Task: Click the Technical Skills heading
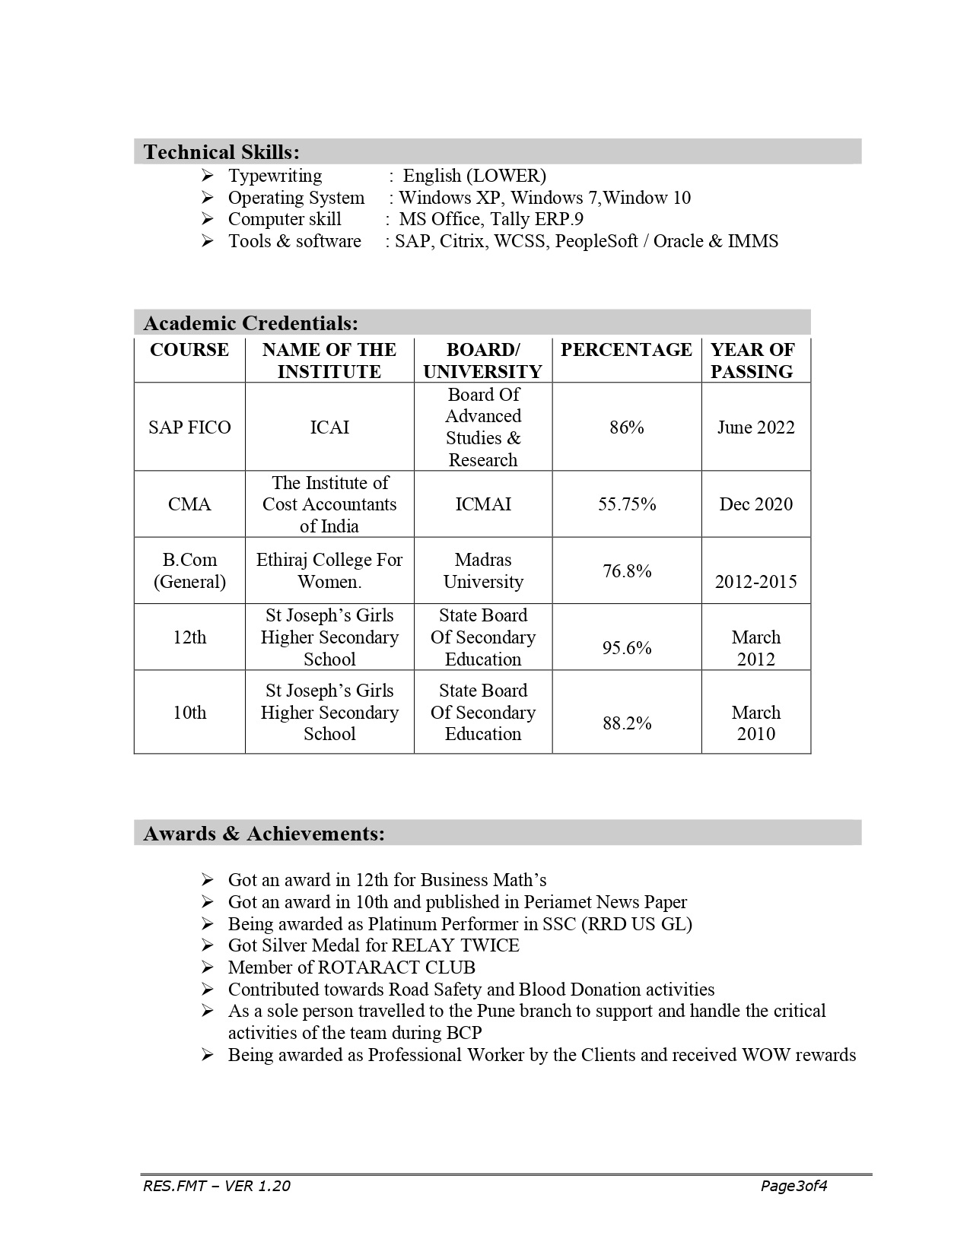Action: pos(221,152)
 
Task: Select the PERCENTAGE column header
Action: pos(626,350)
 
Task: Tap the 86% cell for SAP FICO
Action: pos(626,427)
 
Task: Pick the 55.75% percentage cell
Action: pos(626,504)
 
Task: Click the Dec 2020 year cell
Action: pos(755,504)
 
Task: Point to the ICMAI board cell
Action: pos(483,504)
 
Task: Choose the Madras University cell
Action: pos(483,570)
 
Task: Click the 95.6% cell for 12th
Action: pos(626,648)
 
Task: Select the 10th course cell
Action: pos(189,713)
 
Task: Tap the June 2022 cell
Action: pos(755,427)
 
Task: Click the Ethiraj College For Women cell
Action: pos(329,570)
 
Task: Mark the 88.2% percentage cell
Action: pos(626,723)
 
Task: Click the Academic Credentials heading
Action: pos(250,323)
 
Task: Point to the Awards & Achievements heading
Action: pos(263,834)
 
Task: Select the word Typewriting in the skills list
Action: pos(275,176)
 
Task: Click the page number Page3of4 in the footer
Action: pos(793,1186)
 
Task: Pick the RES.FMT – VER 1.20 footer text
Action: pos(216,1186)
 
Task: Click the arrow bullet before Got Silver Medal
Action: pos(208,945)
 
